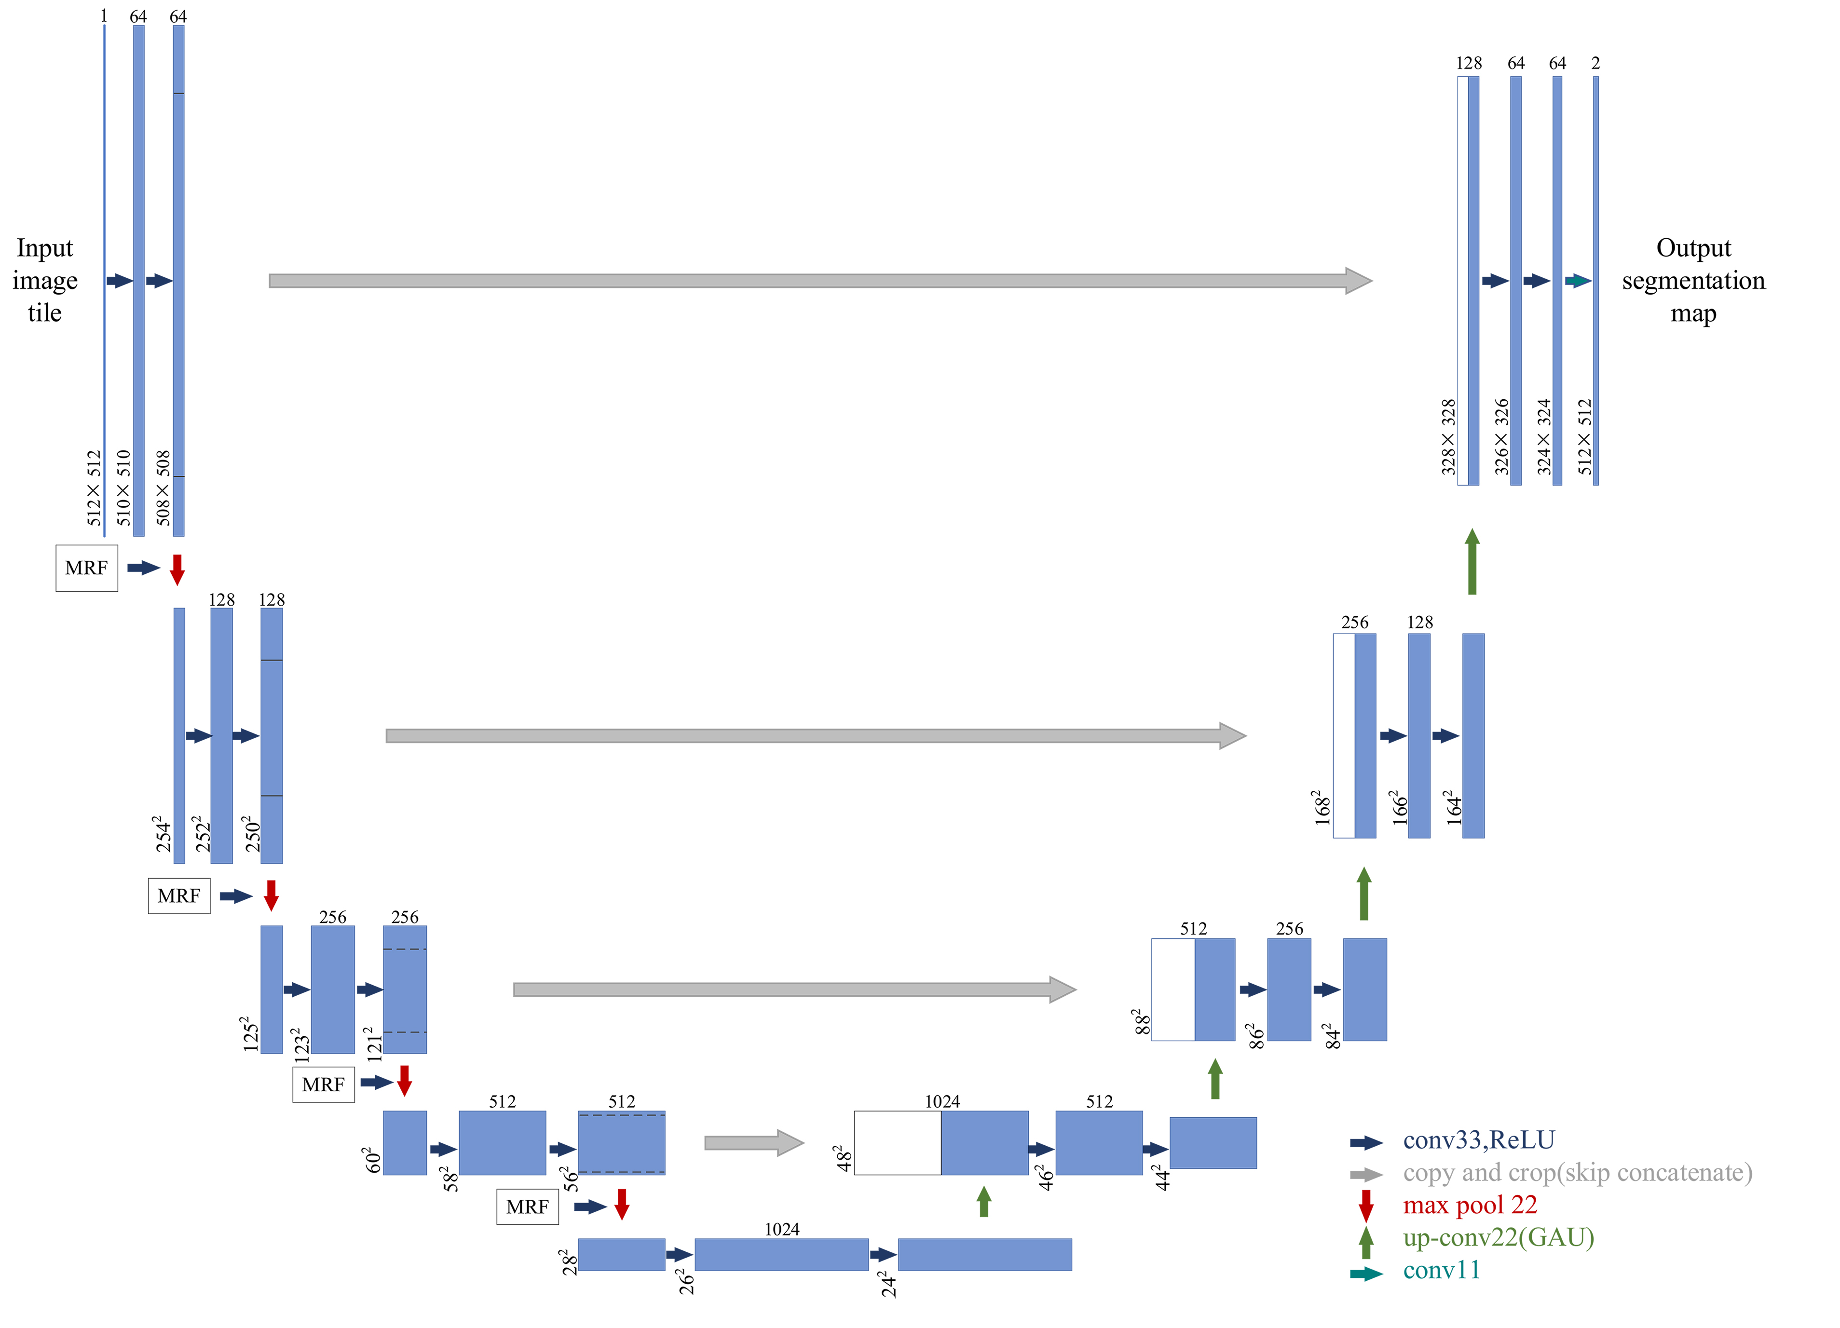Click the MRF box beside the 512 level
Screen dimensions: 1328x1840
[x=527, y=1206]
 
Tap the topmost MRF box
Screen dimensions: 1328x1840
[x=86, y=568]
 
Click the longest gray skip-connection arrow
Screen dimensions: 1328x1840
[x=819, y=281]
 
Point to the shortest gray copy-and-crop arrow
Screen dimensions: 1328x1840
[x=753, y=1142]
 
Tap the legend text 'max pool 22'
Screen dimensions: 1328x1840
[x=1469, y=1205]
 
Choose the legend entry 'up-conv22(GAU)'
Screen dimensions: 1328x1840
[x=1498, y=1237]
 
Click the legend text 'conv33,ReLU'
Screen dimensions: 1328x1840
[x=1478, y=1140]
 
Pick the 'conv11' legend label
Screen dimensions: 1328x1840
[x=1441, y=1270]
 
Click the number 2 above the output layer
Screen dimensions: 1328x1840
[x=1595, y=63]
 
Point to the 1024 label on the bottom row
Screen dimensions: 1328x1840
[x=781, y=1229]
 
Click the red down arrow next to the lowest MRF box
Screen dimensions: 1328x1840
[x=621, y=1205]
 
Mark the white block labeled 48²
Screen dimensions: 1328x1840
[x=897, y=1142]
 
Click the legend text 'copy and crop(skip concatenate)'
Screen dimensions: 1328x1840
[x=1577, y=1172]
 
